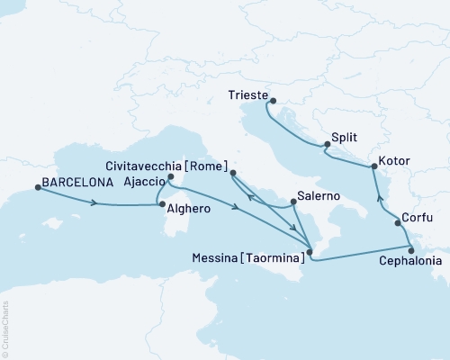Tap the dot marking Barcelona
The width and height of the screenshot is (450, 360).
click(37, 187)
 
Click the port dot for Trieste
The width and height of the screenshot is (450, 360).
click(272, 101)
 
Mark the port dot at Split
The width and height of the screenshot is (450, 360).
click(327, 145)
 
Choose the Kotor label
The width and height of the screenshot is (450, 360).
click(395, 161)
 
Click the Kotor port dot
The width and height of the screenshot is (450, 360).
click(373, 167)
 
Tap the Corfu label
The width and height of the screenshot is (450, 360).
click(418, 219)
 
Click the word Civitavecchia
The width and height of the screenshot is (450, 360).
click(147, 166)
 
